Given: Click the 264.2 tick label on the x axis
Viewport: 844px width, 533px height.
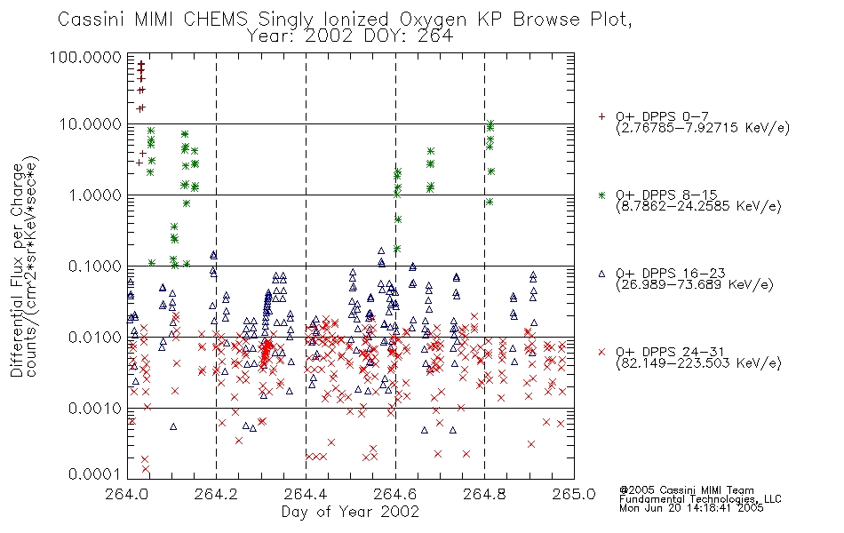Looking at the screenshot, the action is click(217, 494).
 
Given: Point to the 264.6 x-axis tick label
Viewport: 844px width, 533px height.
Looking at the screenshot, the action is click(395, 494).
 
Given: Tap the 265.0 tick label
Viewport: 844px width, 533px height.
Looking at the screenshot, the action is click(574, 494).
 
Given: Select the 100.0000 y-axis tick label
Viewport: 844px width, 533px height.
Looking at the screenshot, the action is click(85, 57).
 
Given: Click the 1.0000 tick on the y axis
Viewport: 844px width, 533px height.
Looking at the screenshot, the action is click(95, 195).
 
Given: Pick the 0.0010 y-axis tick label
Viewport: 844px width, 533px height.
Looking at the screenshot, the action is click(95, 408).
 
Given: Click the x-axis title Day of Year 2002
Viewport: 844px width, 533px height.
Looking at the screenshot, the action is click(350, 512).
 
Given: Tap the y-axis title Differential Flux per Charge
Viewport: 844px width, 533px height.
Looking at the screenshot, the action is click(17, 270).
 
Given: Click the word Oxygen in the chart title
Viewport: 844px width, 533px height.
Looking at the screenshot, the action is click(433, 20).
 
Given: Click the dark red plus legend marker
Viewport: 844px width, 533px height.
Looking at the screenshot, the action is click(601, 116).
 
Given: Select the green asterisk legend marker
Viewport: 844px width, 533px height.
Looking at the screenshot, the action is click(601, 195).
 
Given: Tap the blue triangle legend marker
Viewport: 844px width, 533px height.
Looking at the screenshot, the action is click(601, 274).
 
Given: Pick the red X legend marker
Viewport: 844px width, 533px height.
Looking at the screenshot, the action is click(601, 352).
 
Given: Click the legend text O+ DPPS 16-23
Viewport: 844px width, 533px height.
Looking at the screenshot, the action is click(670, 273).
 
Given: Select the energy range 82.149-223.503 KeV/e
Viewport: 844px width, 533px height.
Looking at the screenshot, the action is click(698, 363).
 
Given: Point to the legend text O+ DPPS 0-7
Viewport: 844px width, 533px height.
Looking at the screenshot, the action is click(662, 116).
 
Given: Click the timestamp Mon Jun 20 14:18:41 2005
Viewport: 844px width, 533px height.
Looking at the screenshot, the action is click(691, 508).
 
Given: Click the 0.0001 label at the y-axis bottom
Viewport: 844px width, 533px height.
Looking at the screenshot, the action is click(95, 474).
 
